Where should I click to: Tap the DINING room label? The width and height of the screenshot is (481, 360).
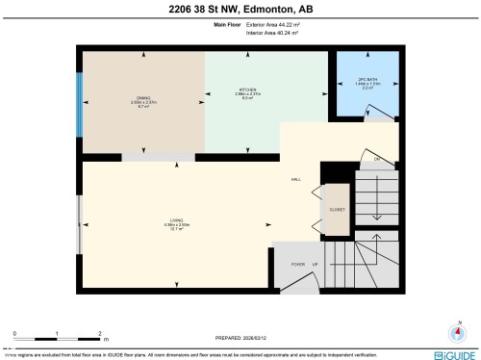(142, 97)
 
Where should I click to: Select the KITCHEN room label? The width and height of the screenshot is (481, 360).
(248, 90)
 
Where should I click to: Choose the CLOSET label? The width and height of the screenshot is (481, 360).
(337, 208)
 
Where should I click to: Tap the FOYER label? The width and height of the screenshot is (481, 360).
(297, 263)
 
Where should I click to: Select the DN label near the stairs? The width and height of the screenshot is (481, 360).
(378, 157)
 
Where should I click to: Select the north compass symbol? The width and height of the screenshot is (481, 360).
(460, 334)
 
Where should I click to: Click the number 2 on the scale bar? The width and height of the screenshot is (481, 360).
(101, 332)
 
